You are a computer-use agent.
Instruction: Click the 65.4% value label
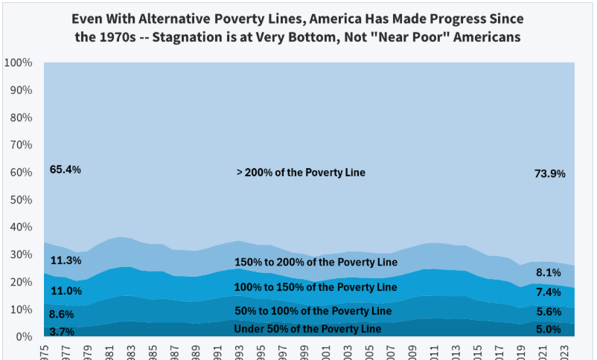click(65, 170)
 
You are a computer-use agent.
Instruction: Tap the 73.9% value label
click(550, 173)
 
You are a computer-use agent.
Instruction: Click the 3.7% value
click(62, 332)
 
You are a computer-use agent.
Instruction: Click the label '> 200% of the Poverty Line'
click(301, 173)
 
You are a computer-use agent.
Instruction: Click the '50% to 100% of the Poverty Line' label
click(313, 310)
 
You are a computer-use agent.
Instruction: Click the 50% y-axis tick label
click(21, 200)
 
